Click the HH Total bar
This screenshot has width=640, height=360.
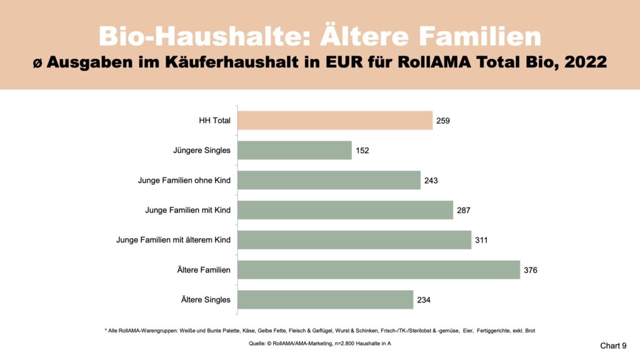point(335,121)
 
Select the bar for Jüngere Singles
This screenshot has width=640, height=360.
point(294,150)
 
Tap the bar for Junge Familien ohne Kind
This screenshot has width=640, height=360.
point(329,180)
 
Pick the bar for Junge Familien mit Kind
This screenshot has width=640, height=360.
point(345,210)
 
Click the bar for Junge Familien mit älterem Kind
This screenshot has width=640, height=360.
point(354,240)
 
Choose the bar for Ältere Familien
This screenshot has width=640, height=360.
point(379,270)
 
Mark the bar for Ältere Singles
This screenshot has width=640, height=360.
point(325,299)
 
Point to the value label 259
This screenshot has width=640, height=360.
point(443,121)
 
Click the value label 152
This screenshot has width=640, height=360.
point(362,151)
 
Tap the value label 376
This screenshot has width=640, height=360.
point(531,271)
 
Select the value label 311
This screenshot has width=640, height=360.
point(482,241)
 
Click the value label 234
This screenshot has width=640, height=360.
point(424,300)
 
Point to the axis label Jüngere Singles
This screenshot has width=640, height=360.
point(202,151)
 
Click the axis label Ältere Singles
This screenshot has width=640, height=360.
point(205,300)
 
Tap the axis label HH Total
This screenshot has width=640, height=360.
point(214,121)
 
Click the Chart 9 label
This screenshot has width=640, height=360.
point(613,345)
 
